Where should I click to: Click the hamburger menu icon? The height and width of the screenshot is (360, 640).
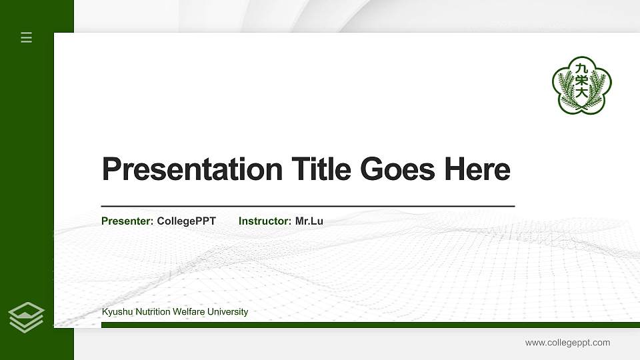[27, 38]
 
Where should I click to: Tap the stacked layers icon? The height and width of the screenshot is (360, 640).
[27, 317]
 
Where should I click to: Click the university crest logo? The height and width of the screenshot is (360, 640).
[581, 85]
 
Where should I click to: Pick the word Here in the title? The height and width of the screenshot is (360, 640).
[477, 169]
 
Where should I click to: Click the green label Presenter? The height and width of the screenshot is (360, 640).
[127, 221]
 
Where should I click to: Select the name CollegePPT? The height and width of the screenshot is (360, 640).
[187, 221]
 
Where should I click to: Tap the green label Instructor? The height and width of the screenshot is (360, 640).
[265, 221]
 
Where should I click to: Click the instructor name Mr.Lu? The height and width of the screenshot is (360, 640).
[309, 221]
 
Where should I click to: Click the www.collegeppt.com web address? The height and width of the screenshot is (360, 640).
[567, 343]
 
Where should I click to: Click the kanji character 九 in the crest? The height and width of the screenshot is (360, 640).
[582, 67]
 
